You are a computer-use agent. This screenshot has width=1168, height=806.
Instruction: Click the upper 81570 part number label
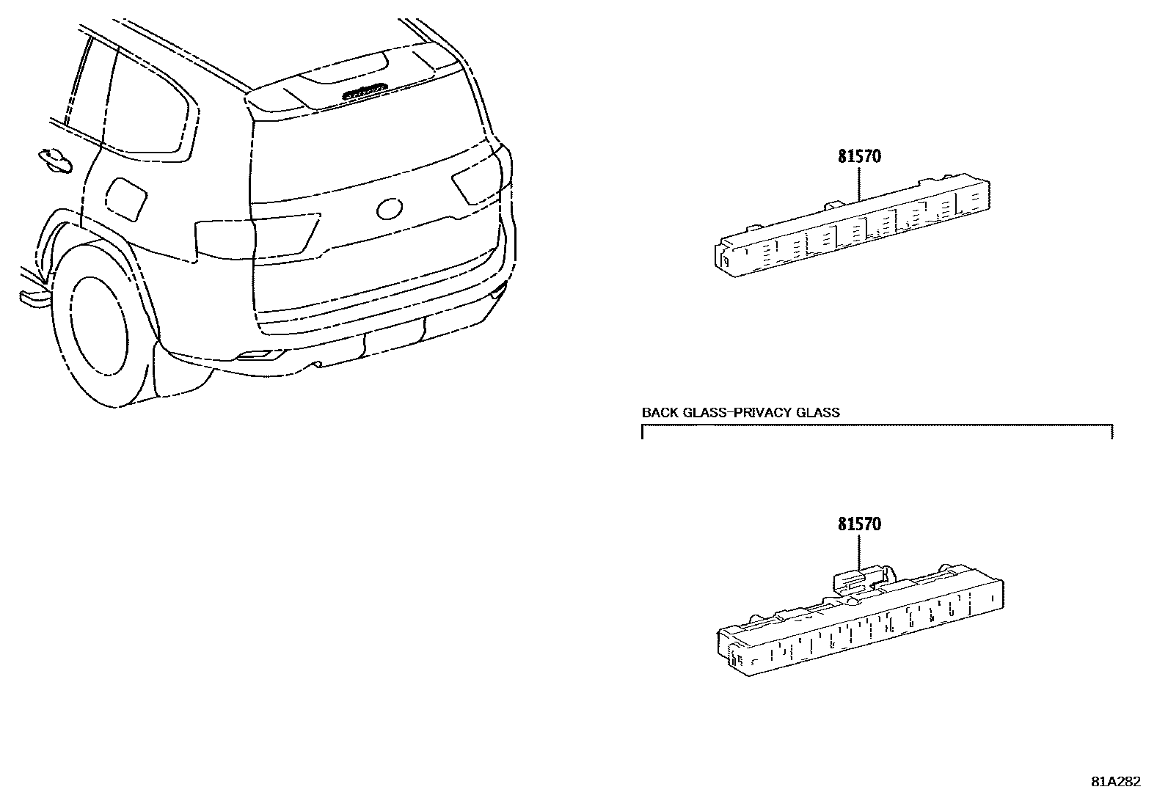tap(859, 156)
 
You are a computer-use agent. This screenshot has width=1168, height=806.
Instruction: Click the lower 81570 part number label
tap(859, 524)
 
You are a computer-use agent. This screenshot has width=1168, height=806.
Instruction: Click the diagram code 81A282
tap(1116, 781)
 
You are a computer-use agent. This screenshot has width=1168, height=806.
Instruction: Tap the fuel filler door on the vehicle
tap(126, 197)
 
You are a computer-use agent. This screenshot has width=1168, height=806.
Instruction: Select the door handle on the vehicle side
tap(54, 159)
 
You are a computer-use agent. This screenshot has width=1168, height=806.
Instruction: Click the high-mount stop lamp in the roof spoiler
tap(365, 90)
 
